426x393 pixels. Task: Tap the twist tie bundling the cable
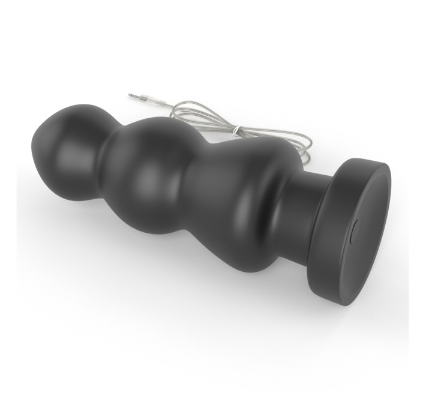point(238,128)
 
